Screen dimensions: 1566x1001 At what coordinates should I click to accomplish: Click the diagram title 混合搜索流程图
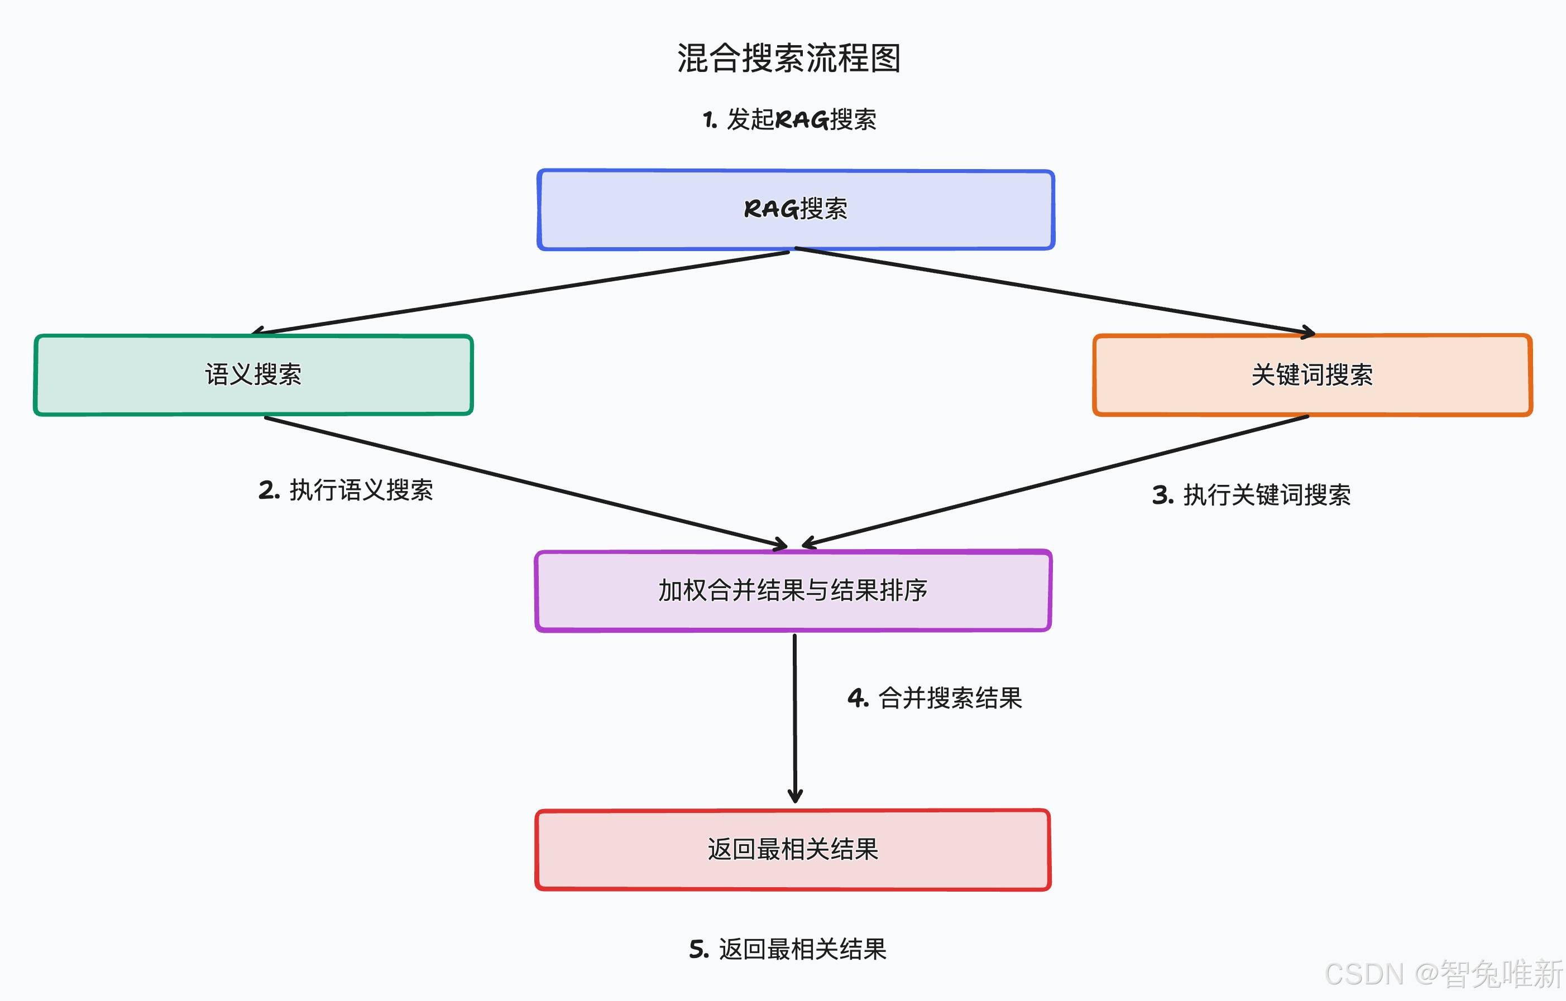[x=789, y=58]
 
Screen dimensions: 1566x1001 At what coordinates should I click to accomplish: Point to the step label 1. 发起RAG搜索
[x=789, y=119]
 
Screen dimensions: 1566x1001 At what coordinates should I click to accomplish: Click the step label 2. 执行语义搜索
[x=346, y=490]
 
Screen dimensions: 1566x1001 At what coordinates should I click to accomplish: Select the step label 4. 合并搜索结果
[x=935, y=698]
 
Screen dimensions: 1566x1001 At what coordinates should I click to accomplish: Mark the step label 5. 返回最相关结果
[x=788, y=950]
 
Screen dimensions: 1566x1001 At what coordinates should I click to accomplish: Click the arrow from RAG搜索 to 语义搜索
[x=520, y=292]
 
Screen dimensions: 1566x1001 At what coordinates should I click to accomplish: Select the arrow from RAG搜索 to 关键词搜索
[x=1055, y=291]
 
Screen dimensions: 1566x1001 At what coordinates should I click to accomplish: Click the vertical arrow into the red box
[x=794, y=718]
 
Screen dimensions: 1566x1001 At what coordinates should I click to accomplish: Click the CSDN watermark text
[x=1444, y=974]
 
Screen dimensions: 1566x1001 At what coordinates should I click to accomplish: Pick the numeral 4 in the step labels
[x=856, y=698]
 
